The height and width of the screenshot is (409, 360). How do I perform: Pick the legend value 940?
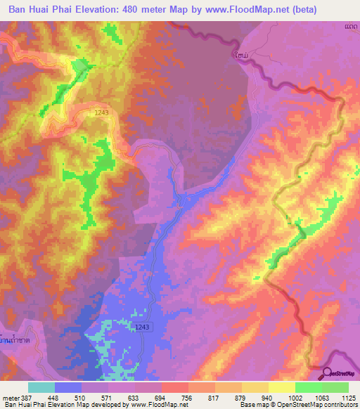click(x=257, y=396)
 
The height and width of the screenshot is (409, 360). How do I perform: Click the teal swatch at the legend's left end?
click(x=41, y=387)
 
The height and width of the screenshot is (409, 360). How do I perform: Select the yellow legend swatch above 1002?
click(x=282, y=387)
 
